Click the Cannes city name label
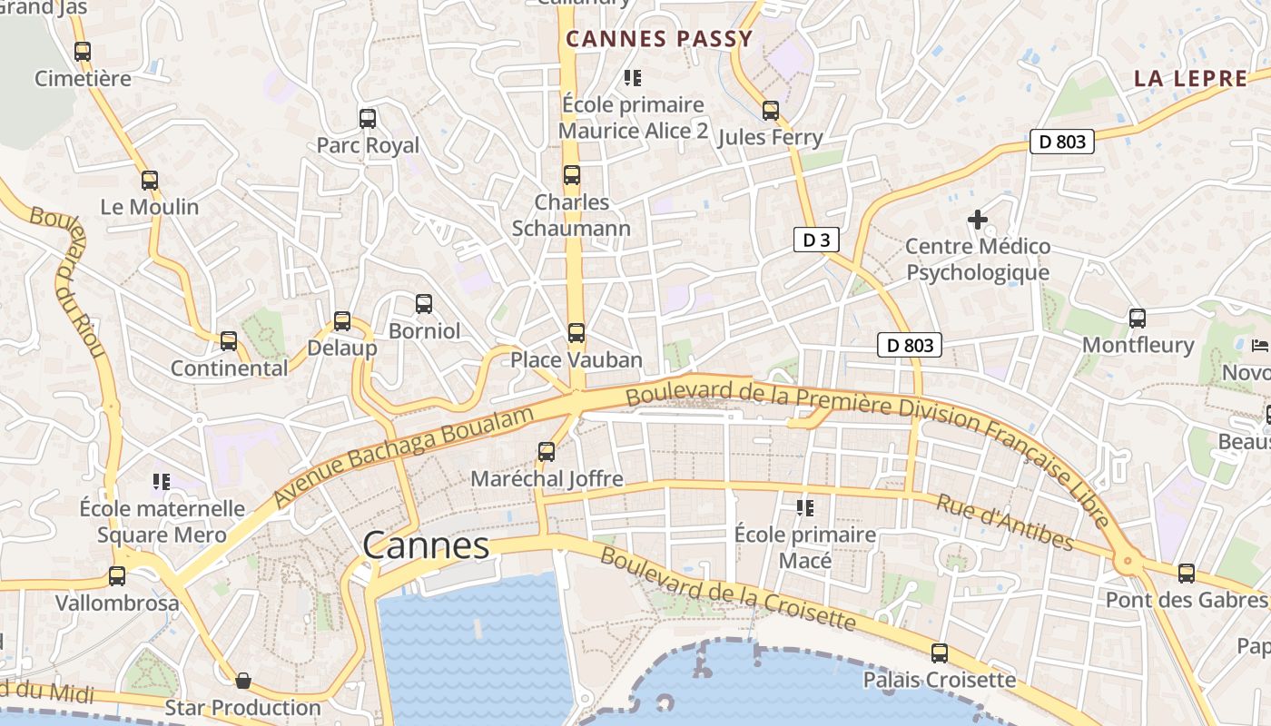point(426,545)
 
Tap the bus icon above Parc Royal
point(368,118)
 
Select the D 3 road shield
point(816,240)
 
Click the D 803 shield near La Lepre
point(1062,142)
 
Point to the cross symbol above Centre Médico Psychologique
point(978,220)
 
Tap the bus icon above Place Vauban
point(576,333)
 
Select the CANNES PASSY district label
point(660,39)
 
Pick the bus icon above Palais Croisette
point(940,652)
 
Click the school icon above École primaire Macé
point(805,507)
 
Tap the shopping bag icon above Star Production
point(243,680)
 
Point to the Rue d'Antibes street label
point(1004,522)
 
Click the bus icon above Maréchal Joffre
point(547,451)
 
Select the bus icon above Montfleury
point(1138,318)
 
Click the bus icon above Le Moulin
point(150,180)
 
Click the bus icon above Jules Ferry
point(771,111)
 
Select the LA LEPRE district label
point(1191,78)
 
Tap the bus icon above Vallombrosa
point(117,575)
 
